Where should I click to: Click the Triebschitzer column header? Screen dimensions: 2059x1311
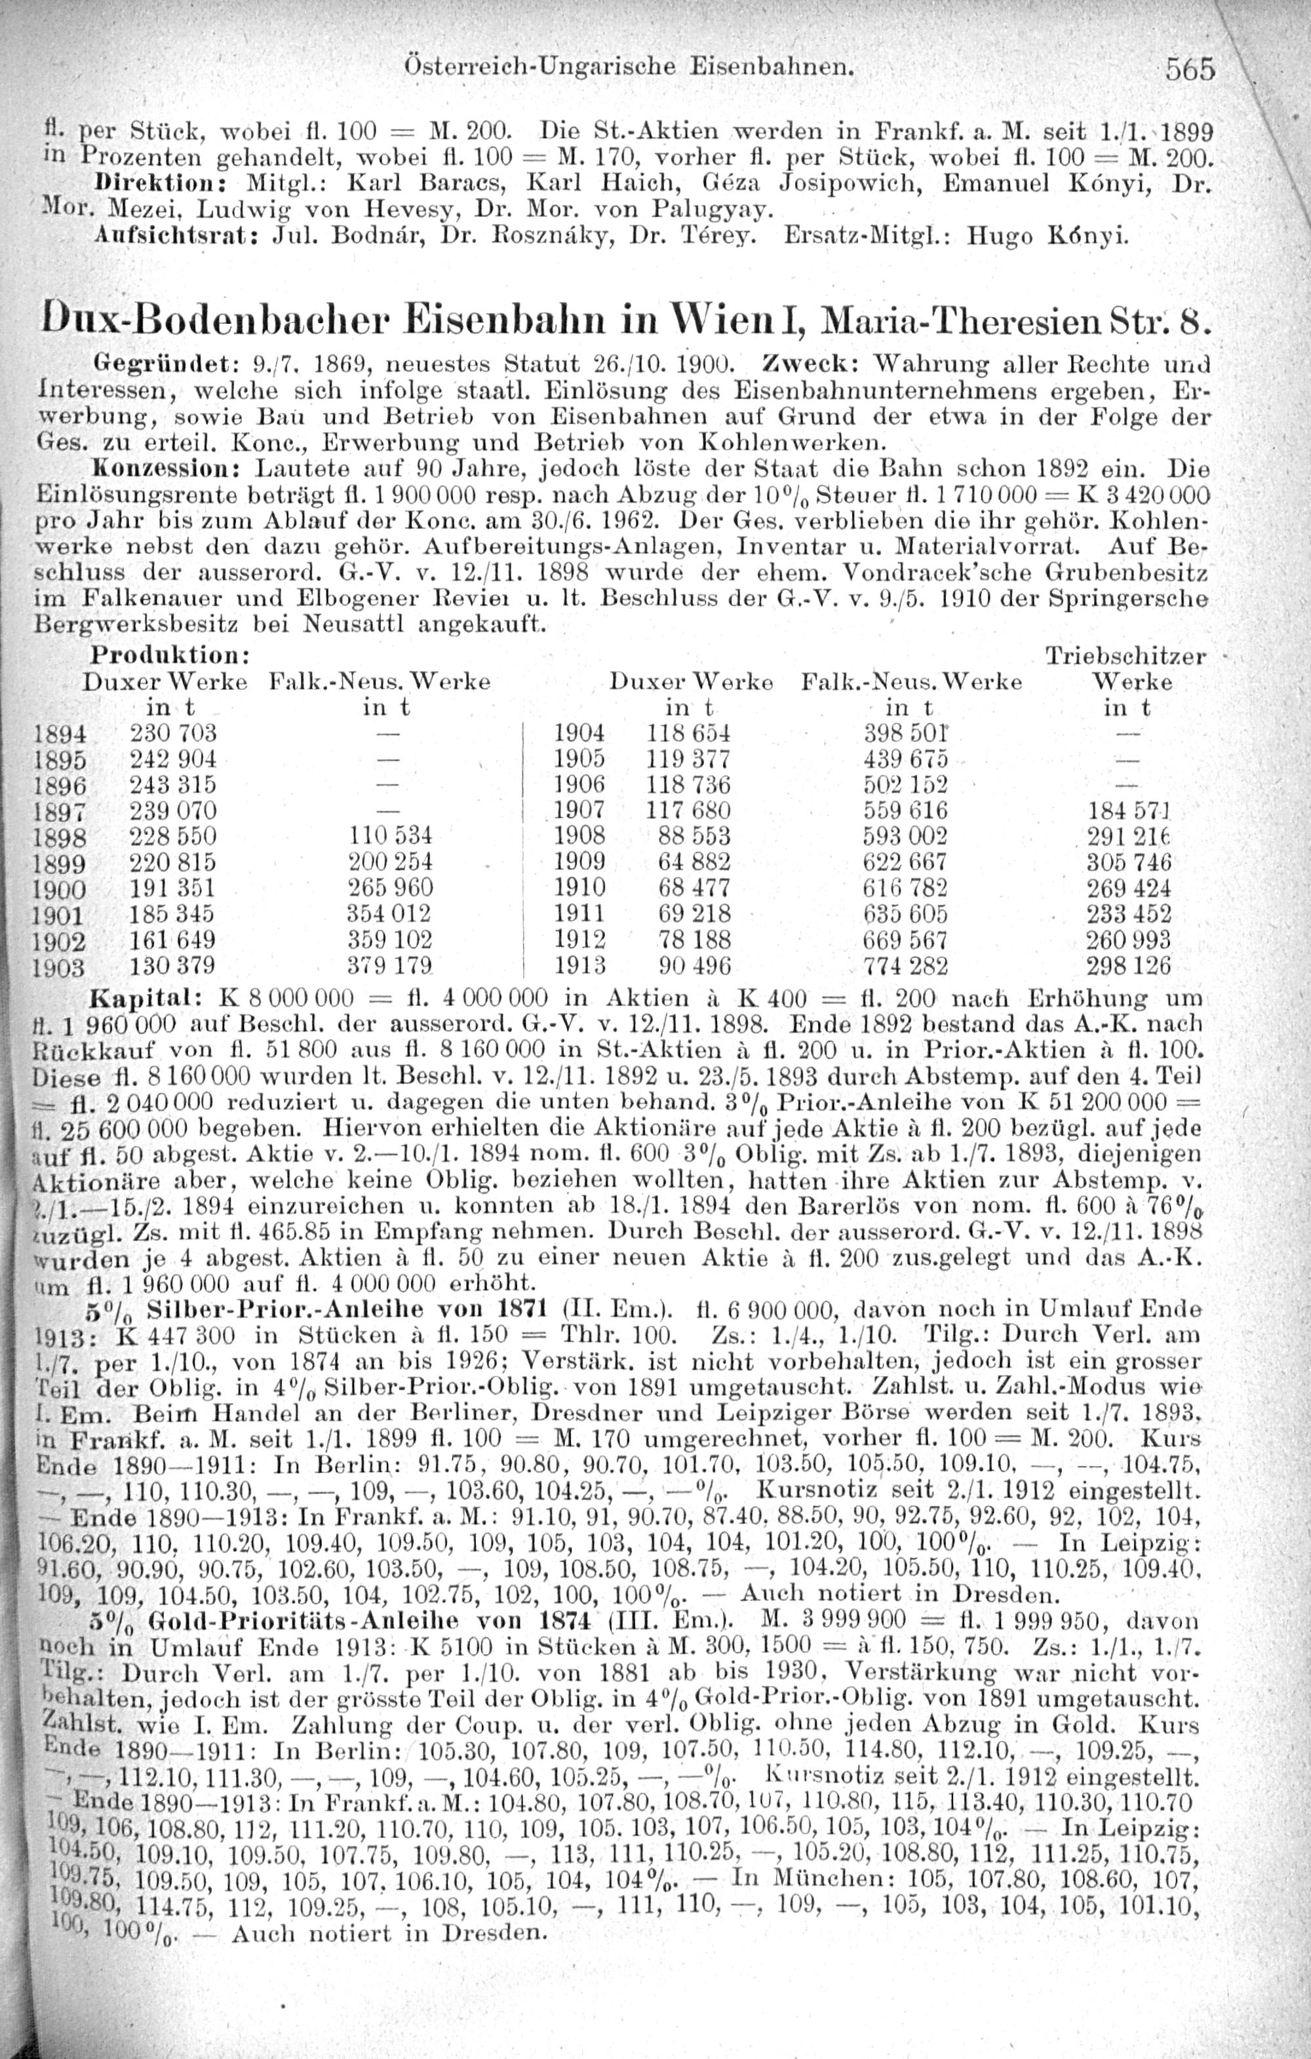(x=1125, y=657)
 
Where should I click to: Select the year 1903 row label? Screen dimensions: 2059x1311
(x=58, y=967)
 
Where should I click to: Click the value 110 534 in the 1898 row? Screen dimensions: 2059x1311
(x=390, y=835)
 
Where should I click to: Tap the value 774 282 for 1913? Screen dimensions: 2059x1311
(x=905, y=966)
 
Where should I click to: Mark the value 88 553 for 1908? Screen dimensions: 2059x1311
(x=694, y=835)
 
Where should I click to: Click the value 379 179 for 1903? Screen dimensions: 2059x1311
(x=389, y=966)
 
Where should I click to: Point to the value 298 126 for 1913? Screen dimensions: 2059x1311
(x=1127, y=966)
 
